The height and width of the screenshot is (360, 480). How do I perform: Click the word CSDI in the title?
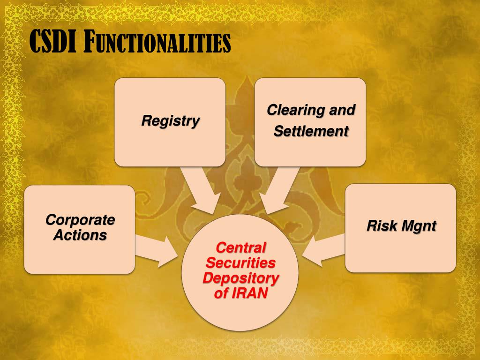tap(53, 41)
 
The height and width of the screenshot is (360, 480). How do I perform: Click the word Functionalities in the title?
tap(157, 42)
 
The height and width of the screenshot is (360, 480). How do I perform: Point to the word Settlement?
tap(311, 131)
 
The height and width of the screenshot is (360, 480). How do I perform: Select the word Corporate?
tap(80, 220)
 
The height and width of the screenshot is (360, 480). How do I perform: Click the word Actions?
tap(80, 235)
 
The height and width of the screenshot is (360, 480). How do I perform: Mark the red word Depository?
tap(240, 278)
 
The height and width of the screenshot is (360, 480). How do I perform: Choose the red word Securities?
tap(240, 262)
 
